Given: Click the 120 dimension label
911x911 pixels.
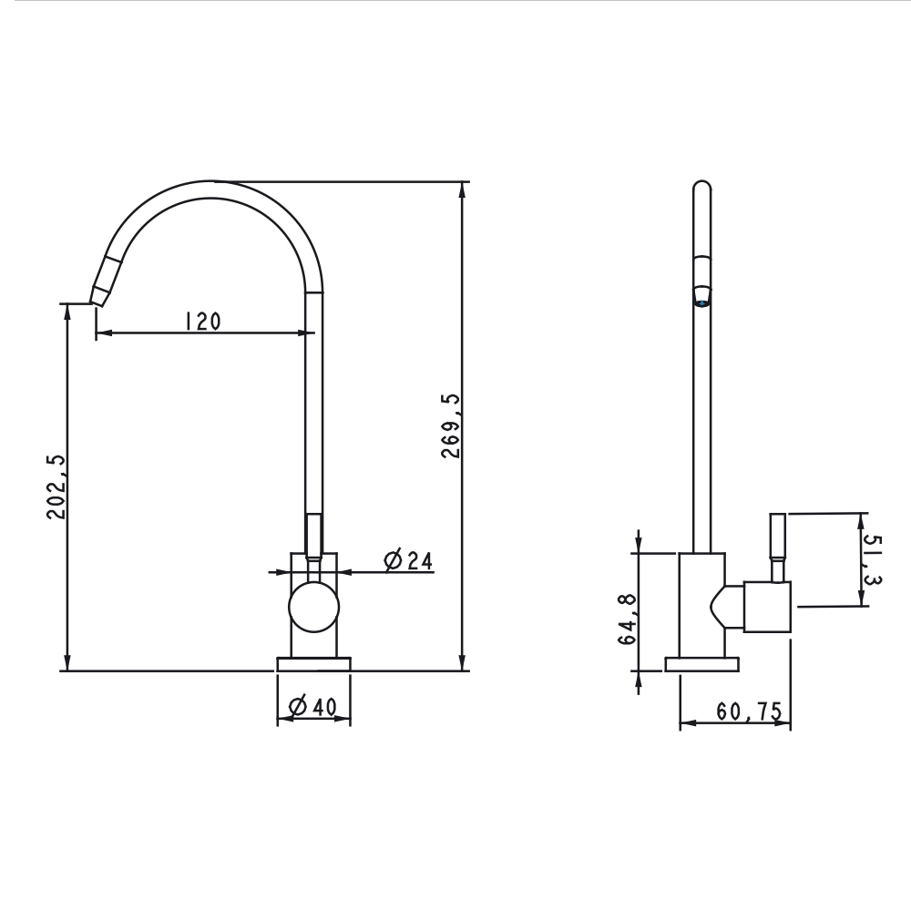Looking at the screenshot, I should pyautogui.click(x=202, y=321).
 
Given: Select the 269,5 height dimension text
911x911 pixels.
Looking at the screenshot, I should pyautogui.click(x=450, y=425).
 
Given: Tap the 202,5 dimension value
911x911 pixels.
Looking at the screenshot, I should pyautogui.click(x=56, y=487).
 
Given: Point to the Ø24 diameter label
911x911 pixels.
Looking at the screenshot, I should pyautogui.click(x=408, y=560).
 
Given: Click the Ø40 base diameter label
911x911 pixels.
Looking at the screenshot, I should pyautogui.click(x=312, y=706).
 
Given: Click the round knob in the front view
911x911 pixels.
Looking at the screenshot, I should pyautogui.click(x=313, y=608).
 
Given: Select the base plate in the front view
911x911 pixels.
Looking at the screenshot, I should pyautogui.click(x=313, y=664).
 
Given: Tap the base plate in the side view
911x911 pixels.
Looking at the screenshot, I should pyautogui.click(x=702, y=664).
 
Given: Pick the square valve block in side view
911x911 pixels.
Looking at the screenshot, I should pyautogui.click(x=768, y=607).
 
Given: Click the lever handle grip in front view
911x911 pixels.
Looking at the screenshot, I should pyautogui.click(x=313, y=535).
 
